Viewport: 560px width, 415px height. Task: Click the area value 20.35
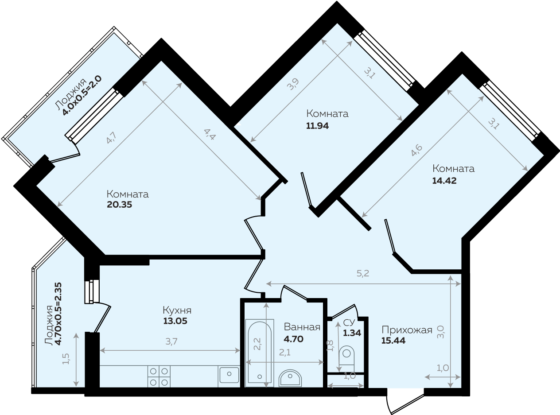(x=120, y=205)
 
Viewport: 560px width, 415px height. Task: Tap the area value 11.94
(x=317, y=126)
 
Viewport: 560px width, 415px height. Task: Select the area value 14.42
(x=444, y=181)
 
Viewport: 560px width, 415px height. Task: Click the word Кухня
(x=177, y=310)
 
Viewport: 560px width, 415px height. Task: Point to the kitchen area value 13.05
(x=175, y=321)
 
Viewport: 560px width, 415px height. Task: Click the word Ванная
(x=302, y=327)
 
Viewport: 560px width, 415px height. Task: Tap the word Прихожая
(x=407, y=330)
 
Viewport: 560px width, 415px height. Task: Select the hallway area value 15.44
(x=393, y=341)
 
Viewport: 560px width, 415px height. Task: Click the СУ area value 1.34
(x=352, y=333)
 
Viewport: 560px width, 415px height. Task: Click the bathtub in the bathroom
(x=260, y=353)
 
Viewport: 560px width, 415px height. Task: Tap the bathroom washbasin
(x=290, y=378)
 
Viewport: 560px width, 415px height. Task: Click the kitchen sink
(x=229, y=375)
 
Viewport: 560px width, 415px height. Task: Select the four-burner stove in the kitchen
(x=159, y=376)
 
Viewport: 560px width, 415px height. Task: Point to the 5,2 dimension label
(x=363, y=273)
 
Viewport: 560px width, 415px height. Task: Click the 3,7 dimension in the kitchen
(x=171, y=341)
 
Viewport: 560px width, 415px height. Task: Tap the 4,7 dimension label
(x=111, y=138)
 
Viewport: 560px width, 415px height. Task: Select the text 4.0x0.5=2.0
(x=82, y=95)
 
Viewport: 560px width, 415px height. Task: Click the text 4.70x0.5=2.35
(x=58, y=314)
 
